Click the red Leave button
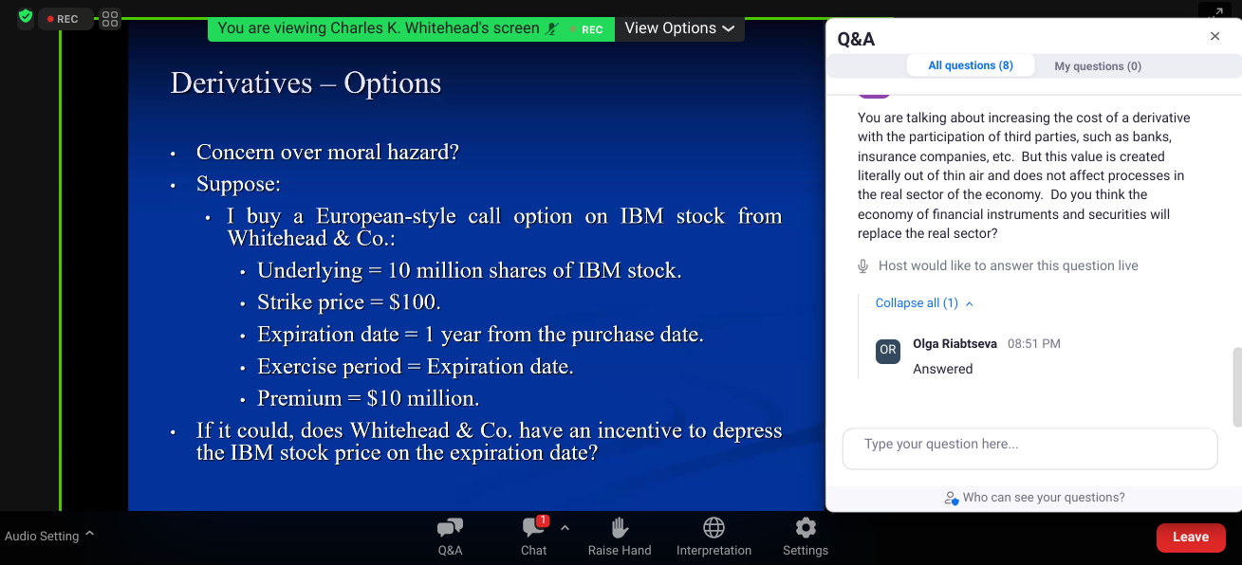[x=1191, y=537]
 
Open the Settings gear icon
[x=806, y=528]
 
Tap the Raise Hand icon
[x=620, y=528]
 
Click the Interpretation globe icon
[x=714, y=528]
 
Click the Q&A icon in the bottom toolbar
[x=450, y=528]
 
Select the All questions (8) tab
[x=971, y=65]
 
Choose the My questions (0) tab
[x=1097, y=66]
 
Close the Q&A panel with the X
[x=1214, y=36]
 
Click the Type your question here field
[x=1029, y=448]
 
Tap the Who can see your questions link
[x=1034, y=498]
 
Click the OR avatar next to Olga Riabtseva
[x=888, y=351]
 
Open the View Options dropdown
[x=679, y=28]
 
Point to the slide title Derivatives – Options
[x=306, y=83]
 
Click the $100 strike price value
[x=413, y=301]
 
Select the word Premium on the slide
[x=300, y=398]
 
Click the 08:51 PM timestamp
[x=1033, y=343]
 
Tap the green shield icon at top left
[x=26, y=16]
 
